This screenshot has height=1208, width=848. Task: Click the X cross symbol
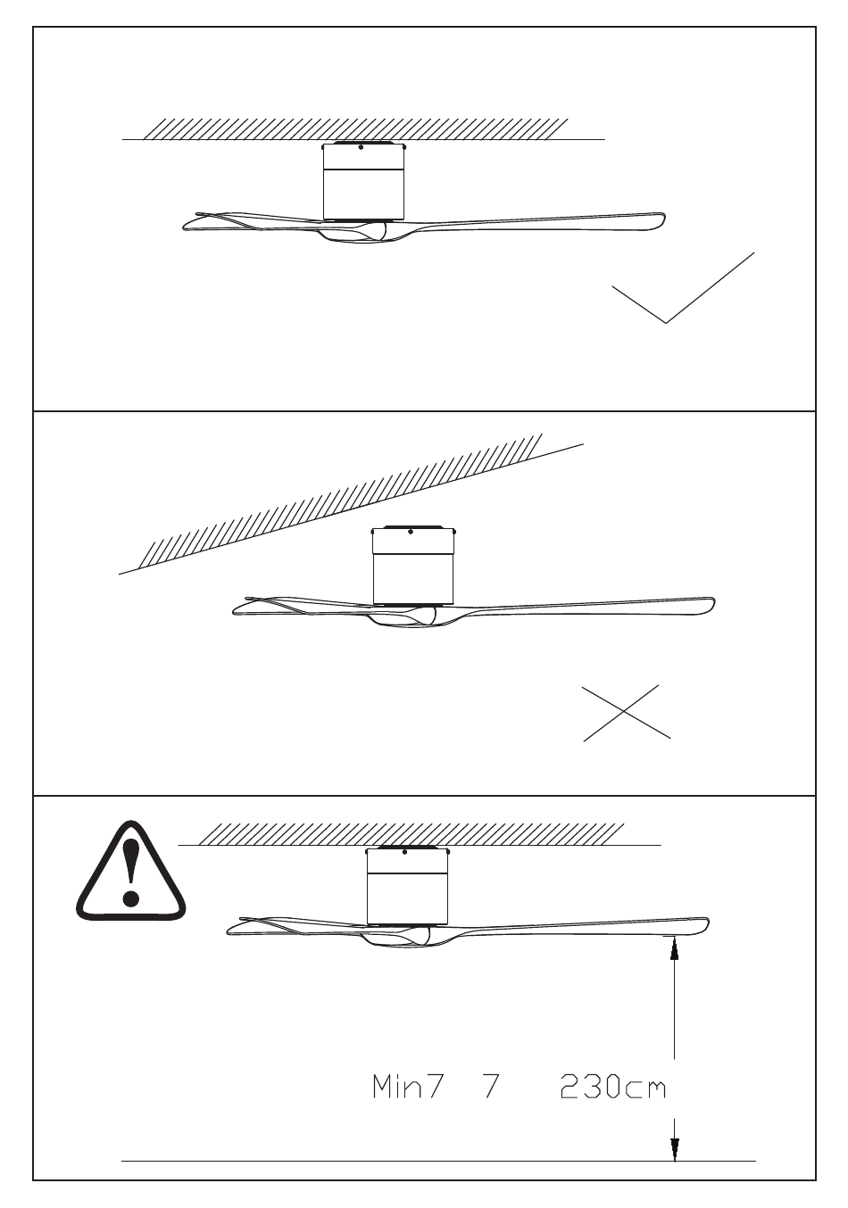627,713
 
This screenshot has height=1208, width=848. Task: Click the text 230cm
612,1088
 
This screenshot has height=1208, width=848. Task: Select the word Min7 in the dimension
407,1088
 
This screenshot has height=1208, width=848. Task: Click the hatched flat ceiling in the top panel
357,128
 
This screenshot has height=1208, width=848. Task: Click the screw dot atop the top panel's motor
360,148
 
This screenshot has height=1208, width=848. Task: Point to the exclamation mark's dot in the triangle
131,898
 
